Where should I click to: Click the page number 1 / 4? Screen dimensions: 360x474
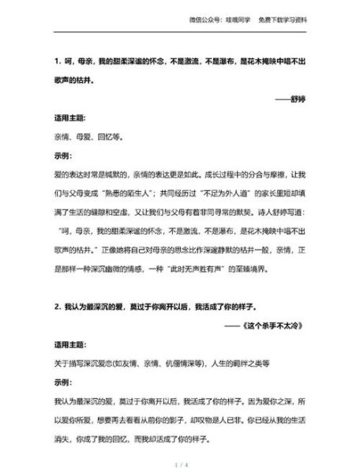tap(180, 466)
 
